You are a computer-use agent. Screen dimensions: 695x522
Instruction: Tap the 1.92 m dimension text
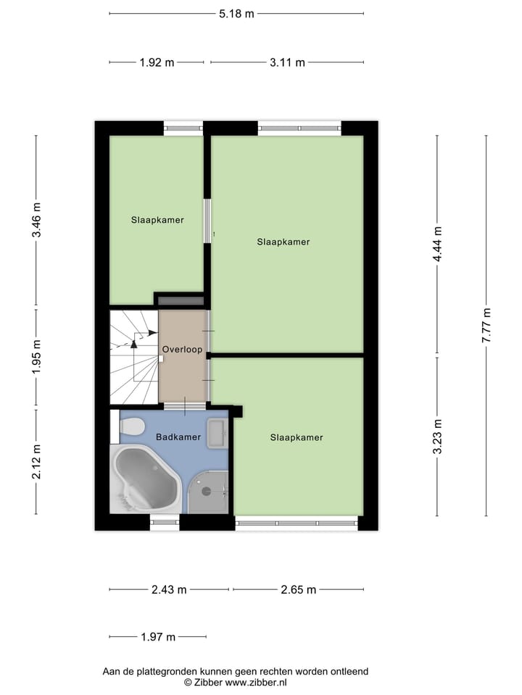click(157, 63)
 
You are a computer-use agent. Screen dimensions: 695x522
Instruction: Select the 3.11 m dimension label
click(286, 63)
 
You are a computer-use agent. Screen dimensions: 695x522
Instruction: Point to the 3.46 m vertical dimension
click(36, 222)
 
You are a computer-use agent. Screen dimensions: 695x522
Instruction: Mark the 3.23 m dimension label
click(437, 437)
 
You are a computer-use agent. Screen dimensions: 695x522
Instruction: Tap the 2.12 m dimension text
click(36, 462)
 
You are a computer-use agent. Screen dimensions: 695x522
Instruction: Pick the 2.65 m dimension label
click(299, 590)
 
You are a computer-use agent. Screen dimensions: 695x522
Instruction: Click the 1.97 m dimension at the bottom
click(157, 638)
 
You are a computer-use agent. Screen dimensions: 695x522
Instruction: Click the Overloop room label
click(182, 349)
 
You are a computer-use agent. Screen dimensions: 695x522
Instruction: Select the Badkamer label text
click(178, 437)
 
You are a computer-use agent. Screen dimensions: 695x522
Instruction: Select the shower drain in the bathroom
click(206, 491)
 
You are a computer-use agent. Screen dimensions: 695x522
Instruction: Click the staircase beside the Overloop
click(133, 356)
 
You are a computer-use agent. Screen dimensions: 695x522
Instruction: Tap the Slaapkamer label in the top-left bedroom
click(157, 220)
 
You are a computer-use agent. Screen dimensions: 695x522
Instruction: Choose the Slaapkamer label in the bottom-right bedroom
click(297, 437)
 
